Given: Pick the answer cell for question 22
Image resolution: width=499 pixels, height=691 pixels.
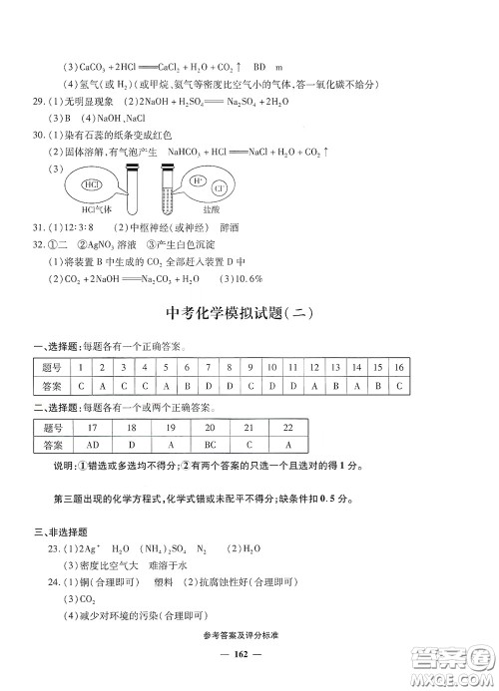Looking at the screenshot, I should pyautogui.click(x=287, y=446).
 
